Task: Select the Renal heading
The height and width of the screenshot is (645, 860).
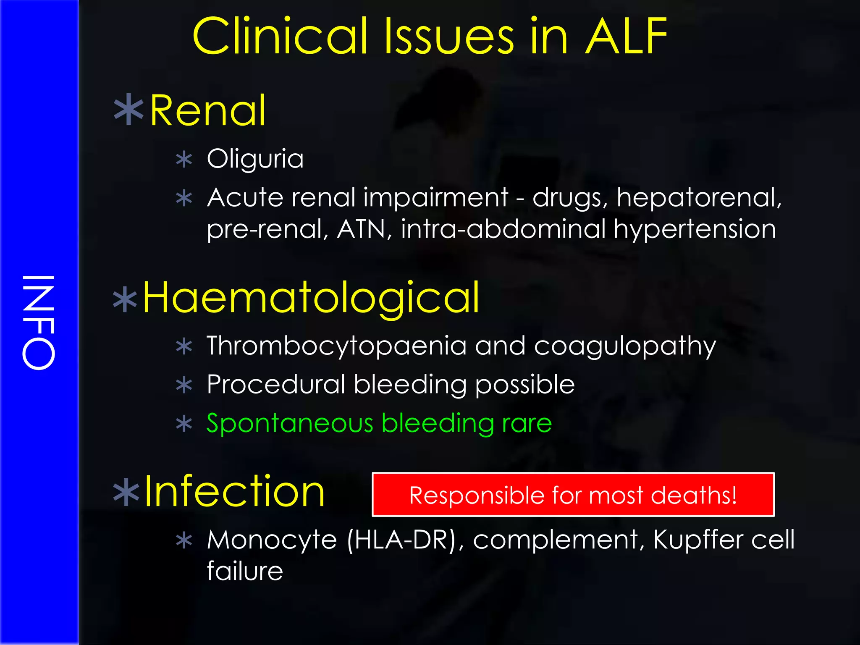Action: (208, 110)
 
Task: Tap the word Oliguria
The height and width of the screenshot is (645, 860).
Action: (255, 159)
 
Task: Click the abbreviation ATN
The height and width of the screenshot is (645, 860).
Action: (361, 229)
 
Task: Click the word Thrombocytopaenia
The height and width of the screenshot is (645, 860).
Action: (336, 346)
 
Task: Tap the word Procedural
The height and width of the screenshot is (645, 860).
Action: (276, 384)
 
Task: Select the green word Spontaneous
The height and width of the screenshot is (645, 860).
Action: (290, 423)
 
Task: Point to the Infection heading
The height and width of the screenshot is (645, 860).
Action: (234, 491)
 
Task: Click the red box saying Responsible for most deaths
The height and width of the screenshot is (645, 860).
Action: (573, 495)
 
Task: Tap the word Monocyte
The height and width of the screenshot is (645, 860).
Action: (272, 540)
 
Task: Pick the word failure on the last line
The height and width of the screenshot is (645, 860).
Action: (245, 571)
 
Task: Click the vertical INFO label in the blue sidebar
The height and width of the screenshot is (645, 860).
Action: (39, 322)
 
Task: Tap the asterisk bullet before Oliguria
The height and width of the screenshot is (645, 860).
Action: (184, 160)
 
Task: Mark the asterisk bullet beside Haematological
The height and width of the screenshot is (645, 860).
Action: (125, 300)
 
